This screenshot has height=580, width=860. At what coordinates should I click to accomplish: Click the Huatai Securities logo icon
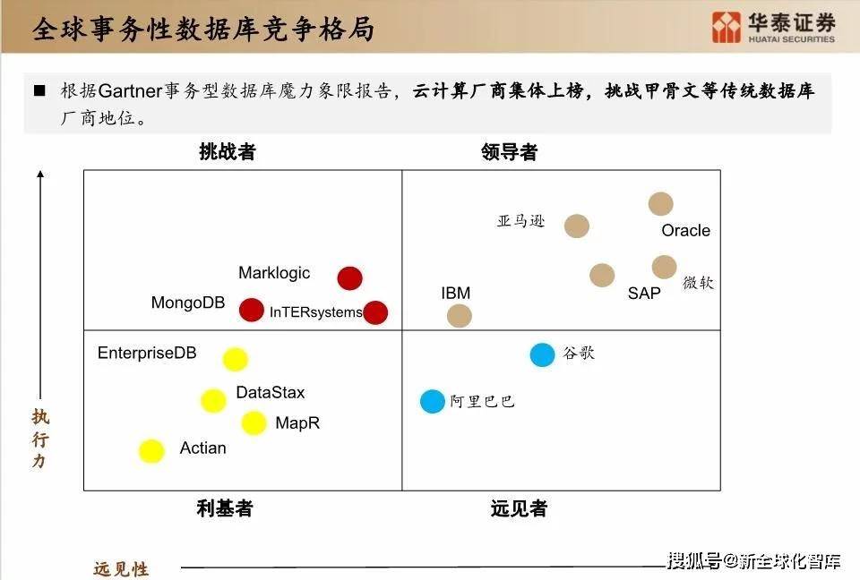click(727, 27)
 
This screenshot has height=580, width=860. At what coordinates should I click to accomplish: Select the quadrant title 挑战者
click(227, 152)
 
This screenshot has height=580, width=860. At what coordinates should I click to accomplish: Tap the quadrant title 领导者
click(509, 152)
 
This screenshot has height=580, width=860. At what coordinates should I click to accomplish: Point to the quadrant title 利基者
click(225, 508)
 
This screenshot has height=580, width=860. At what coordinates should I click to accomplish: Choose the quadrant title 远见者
click(519, 508)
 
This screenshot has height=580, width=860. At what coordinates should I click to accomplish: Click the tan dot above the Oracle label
click(661, 204)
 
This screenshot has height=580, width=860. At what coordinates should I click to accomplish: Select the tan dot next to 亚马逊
click(576, 226)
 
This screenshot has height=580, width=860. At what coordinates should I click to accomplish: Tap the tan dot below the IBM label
click(459, 316)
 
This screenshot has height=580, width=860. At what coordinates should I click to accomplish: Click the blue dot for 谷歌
click(543, 354)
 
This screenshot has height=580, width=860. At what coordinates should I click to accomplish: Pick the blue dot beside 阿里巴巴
click(432, 401)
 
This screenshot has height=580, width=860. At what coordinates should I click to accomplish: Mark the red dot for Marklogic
click(350, 278)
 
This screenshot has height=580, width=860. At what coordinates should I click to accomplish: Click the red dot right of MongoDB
click(252, 310)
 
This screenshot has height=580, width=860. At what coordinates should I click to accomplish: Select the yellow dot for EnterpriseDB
click(236, 359)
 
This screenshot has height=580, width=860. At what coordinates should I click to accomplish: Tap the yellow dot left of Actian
click(151, 450)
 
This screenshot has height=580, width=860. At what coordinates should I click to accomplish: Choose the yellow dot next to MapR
click(254, 422)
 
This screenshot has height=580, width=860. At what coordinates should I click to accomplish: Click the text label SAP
click(644, 294)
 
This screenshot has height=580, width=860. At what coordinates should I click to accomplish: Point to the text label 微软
click(698, 282)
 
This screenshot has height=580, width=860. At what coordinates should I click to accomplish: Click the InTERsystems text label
click(315, 311)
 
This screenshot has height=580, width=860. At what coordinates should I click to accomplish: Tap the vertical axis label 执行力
click(40, 439)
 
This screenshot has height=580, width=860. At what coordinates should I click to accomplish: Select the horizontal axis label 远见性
click(121, 569)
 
